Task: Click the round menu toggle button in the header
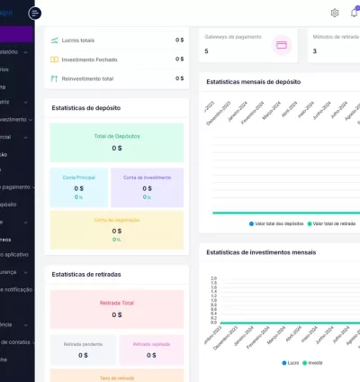pyautogui.click(x=35, y=13)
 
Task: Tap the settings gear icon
pyautogui.click(x=335, y=13)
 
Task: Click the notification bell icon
pyautogui.click(x=355, y=13)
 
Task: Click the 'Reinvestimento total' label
pyautogui.click(x=87, y=78)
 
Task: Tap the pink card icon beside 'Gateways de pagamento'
pyautogui.click(x=282, y=44)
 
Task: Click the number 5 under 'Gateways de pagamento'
pyautogui.click(x=207, y=51)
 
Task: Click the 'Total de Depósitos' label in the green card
pyautogui.click(x=117, y=136)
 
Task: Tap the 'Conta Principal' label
pyautogui.click(x=79, y=177)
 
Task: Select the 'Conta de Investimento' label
pyautogui.click(x=148, y=177)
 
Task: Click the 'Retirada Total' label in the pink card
pyautogui.click(x=117, y=303)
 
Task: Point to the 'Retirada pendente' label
pyautogui.click(x=83, y=344)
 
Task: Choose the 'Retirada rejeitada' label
pyautogui.click(x=151, y=344)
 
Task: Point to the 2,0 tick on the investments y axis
pyautogui.click(x=213, y=278)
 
